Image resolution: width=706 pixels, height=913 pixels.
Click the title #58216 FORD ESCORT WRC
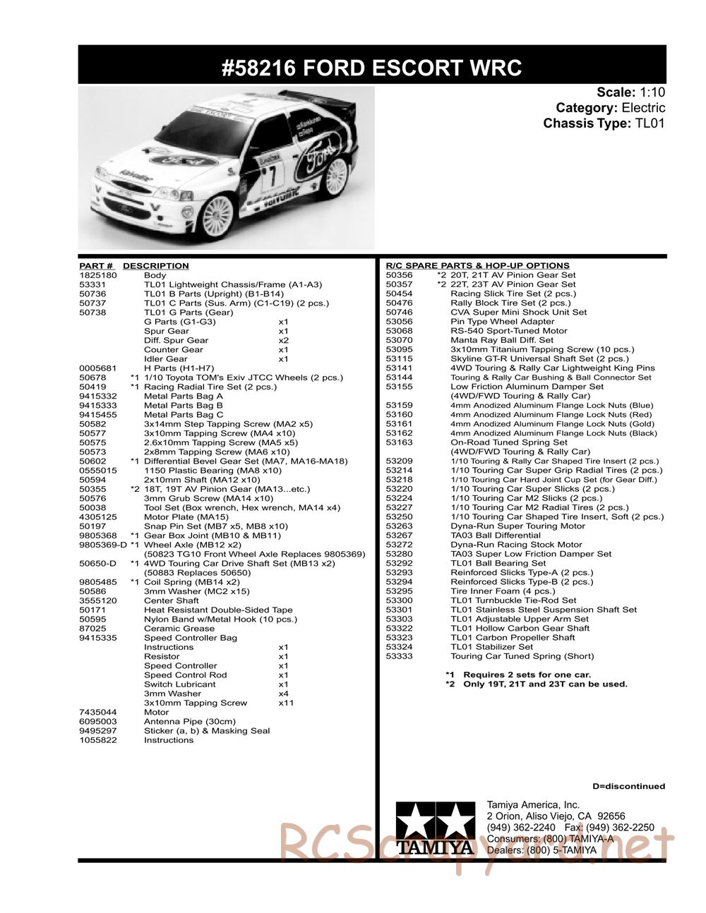pos(371,68)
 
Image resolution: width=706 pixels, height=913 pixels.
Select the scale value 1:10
pos(652,92)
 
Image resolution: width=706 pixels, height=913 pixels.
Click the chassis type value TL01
pos(650,123)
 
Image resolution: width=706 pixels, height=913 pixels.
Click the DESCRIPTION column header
pos(155,266)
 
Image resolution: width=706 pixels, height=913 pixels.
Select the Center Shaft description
pos(172,601)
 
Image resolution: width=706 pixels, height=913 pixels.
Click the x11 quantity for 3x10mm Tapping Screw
pos(286,703)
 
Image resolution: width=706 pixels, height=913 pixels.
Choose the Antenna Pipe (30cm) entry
pos(189,722)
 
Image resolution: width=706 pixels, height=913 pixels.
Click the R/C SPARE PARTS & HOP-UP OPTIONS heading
pos(478,266)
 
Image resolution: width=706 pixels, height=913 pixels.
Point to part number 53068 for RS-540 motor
pos(399,331)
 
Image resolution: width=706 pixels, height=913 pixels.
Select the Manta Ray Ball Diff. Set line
pos(501,340)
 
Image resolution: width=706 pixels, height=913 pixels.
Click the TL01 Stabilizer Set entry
pos(491,647)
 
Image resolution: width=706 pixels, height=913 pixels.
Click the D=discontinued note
pos(628,786)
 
